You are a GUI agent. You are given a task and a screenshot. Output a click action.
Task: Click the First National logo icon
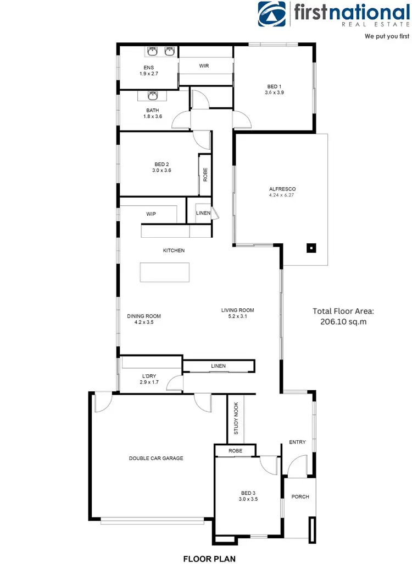click(x=272, y=15)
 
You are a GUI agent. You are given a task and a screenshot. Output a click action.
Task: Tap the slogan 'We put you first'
click(x=387, y=36)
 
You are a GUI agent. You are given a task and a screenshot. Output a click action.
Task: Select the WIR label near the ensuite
click(x=204, y=66)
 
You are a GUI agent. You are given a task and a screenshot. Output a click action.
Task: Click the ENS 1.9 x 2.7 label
click(x=148, y=70)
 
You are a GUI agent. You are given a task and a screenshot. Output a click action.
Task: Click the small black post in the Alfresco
click(x=311, y=248)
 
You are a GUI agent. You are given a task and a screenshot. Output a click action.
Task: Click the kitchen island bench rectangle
click(x=164, y=272)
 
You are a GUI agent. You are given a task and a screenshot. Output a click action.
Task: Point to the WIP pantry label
click(x=152, y=214)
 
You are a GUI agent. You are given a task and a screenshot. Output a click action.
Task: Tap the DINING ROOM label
click(x=144, y=316)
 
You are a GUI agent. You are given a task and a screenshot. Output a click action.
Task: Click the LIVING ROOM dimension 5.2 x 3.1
click(x=237, y=316)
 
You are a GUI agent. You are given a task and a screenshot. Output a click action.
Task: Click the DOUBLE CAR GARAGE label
click(x=156, y=458)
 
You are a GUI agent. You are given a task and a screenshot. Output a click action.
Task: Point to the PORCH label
click(x=300, y=496)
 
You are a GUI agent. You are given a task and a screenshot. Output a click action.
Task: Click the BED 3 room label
click(x=249, y=493)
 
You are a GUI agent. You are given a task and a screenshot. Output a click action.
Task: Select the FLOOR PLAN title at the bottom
click(x=209, y=559)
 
